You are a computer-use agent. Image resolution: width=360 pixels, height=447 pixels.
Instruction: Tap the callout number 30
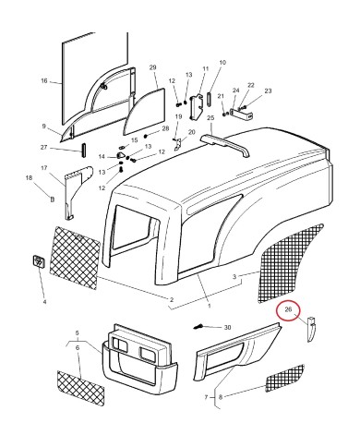point(227,328)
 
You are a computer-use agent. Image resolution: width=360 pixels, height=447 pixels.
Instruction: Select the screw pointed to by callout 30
point(198,326)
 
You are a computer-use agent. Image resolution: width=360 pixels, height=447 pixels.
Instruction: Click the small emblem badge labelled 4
point(39,261)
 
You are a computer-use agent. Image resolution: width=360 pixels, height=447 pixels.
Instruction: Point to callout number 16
point(44,80)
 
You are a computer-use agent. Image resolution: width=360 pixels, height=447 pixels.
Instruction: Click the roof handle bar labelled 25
point(225,145)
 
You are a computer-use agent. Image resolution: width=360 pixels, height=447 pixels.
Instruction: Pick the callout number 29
point(153,67)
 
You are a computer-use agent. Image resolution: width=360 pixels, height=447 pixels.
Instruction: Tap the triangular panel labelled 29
point(144,113)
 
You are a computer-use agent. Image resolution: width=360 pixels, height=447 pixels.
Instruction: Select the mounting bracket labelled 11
point(197,106)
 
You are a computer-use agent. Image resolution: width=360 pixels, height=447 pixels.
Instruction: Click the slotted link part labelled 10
point(210,99)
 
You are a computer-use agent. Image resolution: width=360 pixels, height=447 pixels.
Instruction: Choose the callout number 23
point(268,91)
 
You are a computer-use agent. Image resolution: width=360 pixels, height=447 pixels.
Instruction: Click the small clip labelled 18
point(53,199)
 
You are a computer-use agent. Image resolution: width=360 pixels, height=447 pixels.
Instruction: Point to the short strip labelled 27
point(83,151)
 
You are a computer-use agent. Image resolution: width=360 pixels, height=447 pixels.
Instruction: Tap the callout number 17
point(44,168)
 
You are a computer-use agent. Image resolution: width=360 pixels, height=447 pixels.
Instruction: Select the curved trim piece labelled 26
point(311,329)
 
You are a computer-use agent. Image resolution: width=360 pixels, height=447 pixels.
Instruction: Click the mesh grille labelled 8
point(284,379)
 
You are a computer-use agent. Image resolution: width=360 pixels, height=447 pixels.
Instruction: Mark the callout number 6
point(78,347)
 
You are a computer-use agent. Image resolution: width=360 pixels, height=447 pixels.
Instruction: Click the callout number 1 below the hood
point(210,306)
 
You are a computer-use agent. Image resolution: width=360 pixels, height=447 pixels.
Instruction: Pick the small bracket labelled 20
point(178,145)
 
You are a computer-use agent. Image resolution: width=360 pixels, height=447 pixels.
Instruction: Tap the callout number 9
point(44,126)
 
